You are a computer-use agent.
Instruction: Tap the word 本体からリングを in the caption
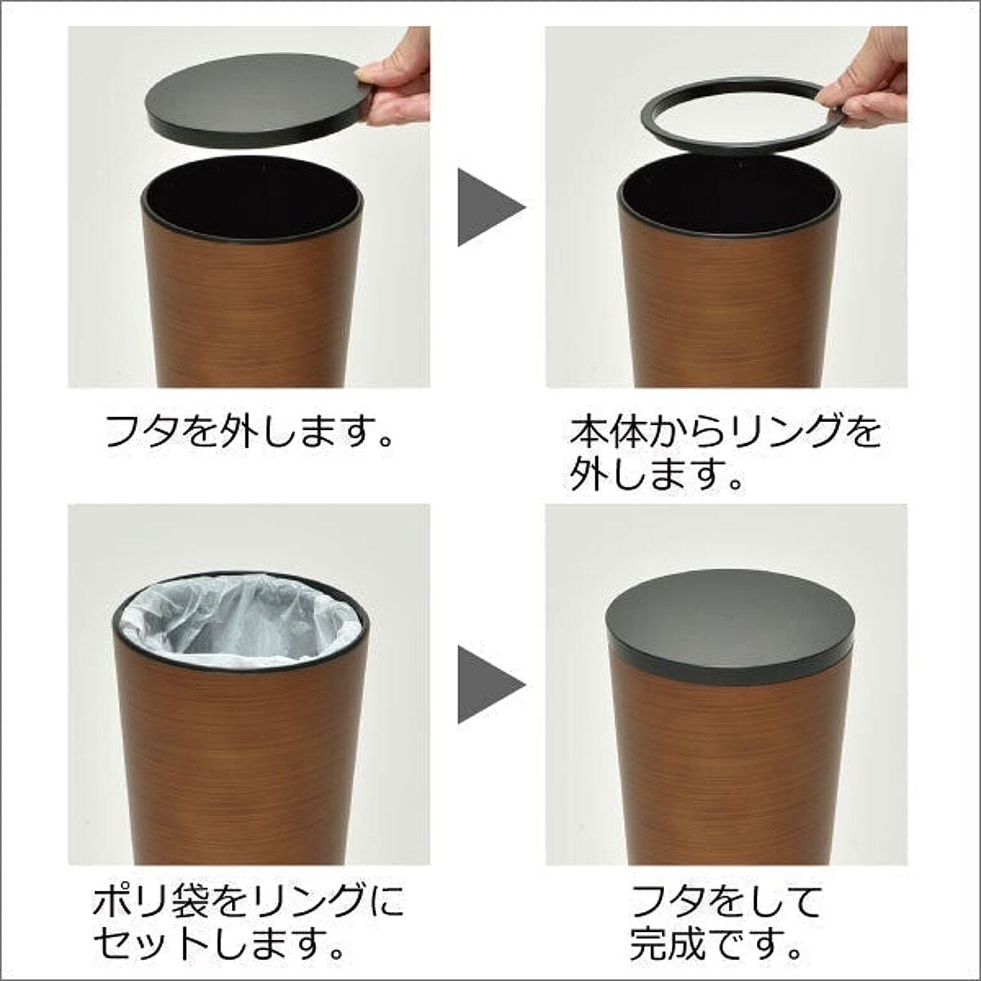tap(725, 433)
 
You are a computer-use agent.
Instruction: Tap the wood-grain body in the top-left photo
tap(252, 307)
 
